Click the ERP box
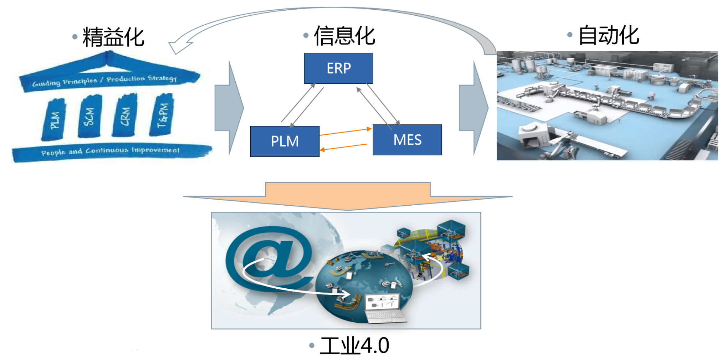(338, 68)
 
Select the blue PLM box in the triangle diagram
(285, 141)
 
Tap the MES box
(407, 140)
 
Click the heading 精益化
(113, 37)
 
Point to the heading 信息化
(344, 36)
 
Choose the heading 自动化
(608, 35)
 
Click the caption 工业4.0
(354, 345)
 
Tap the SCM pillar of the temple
(90, 116)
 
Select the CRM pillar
(124, 115)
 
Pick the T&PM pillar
(162, 115)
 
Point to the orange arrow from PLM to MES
(345, 132)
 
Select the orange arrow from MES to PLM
(343, 147)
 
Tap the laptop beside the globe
(384, 308)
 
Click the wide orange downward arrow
(348, 196)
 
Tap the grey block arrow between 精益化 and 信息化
(229, 108)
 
